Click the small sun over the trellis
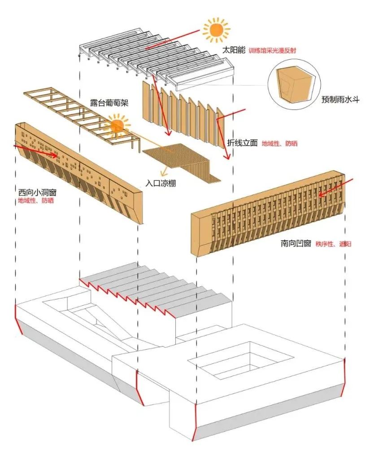(117, 126)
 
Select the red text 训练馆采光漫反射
(272, 51)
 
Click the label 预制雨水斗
(340, 100)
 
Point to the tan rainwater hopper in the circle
(293, 85)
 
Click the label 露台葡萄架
(109, 103)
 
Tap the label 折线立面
(242, 143)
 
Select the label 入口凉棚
(161, 184)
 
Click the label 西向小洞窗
(38, 192)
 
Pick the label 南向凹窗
(296, 243)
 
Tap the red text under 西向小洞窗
(36, 201)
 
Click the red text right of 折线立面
(279, 143)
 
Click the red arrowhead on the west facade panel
(54, 154)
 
